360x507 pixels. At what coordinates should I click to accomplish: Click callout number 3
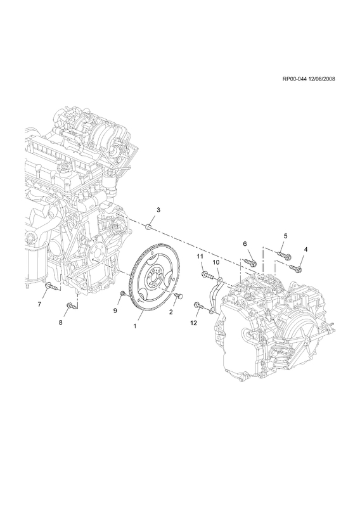pyautogui.click(x=158, y=210)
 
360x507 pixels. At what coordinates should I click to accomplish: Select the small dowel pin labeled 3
pyautogui.click(x=149, y=226)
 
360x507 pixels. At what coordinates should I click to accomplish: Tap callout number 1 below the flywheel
pyautogui.click(x=135, y=326)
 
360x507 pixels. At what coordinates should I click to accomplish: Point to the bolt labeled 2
pyautogui.click(x=178, y=295)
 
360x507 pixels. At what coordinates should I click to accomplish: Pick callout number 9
pyautogui.click(x=115, y=311)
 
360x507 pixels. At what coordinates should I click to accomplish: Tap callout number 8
pyautogui.click(x=61, y=323)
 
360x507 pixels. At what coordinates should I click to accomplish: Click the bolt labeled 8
pyautogui.click(x=72, y=305)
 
